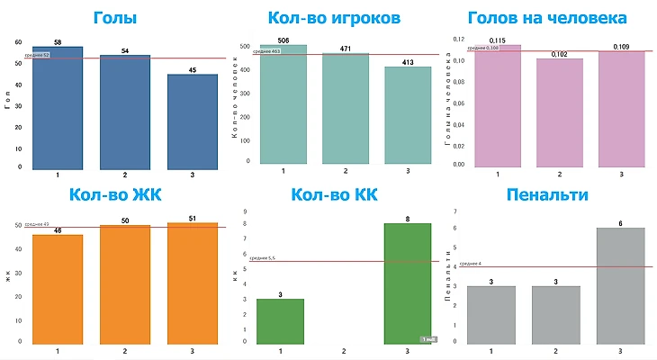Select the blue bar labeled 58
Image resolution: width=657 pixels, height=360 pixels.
(57, 108)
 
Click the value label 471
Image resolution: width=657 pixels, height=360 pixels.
(345, 49)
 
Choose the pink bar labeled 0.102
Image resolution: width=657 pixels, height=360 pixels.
(560, 112)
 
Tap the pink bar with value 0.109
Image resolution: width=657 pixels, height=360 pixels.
(622, 108)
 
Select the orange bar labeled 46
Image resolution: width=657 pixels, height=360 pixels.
(57, 288)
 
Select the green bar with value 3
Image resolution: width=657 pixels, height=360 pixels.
(282, 319)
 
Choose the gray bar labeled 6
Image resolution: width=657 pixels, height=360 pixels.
(622, 284)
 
